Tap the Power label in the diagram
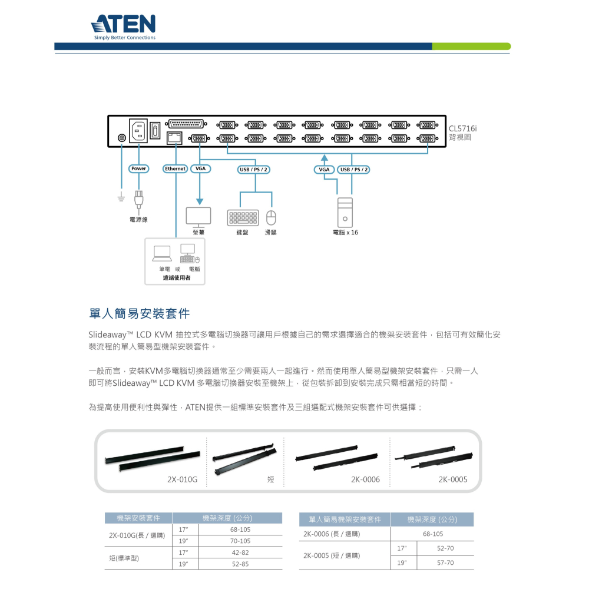pyautogui.click(x=138, y=169)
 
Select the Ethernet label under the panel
pyautogui.click(x=175, y=169)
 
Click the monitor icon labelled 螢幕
pyautogui.click(x=198, y=217)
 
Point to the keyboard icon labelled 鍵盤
pyautogui.click(x=243, y=217)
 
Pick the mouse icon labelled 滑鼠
pyautogui.click(x=271, y=218)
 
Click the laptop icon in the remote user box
pyautogui.click(x=162, y=253)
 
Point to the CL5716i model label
pyautogui.click(x=462, y=128)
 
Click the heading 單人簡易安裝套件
pyautogui.click(x=140, y=313)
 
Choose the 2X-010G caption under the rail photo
pyautogui.click(x=182, y=479)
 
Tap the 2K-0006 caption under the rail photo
pyautogui.click(x=365, y=479)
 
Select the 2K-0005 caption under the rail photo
pyautogui.click(x=452, y=479)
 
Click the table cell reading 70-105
pyautogui.click(x=240, y=541)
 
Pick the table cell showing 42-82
pyautogui.click(x=240, y=552)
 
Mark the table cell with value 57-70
pyautogui.click(x=445, y=563)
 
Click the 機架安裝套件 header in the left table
pyautogui.click(x=138, y=518)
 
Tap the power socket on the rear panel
pyautogui.click(x=138, y=130)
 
